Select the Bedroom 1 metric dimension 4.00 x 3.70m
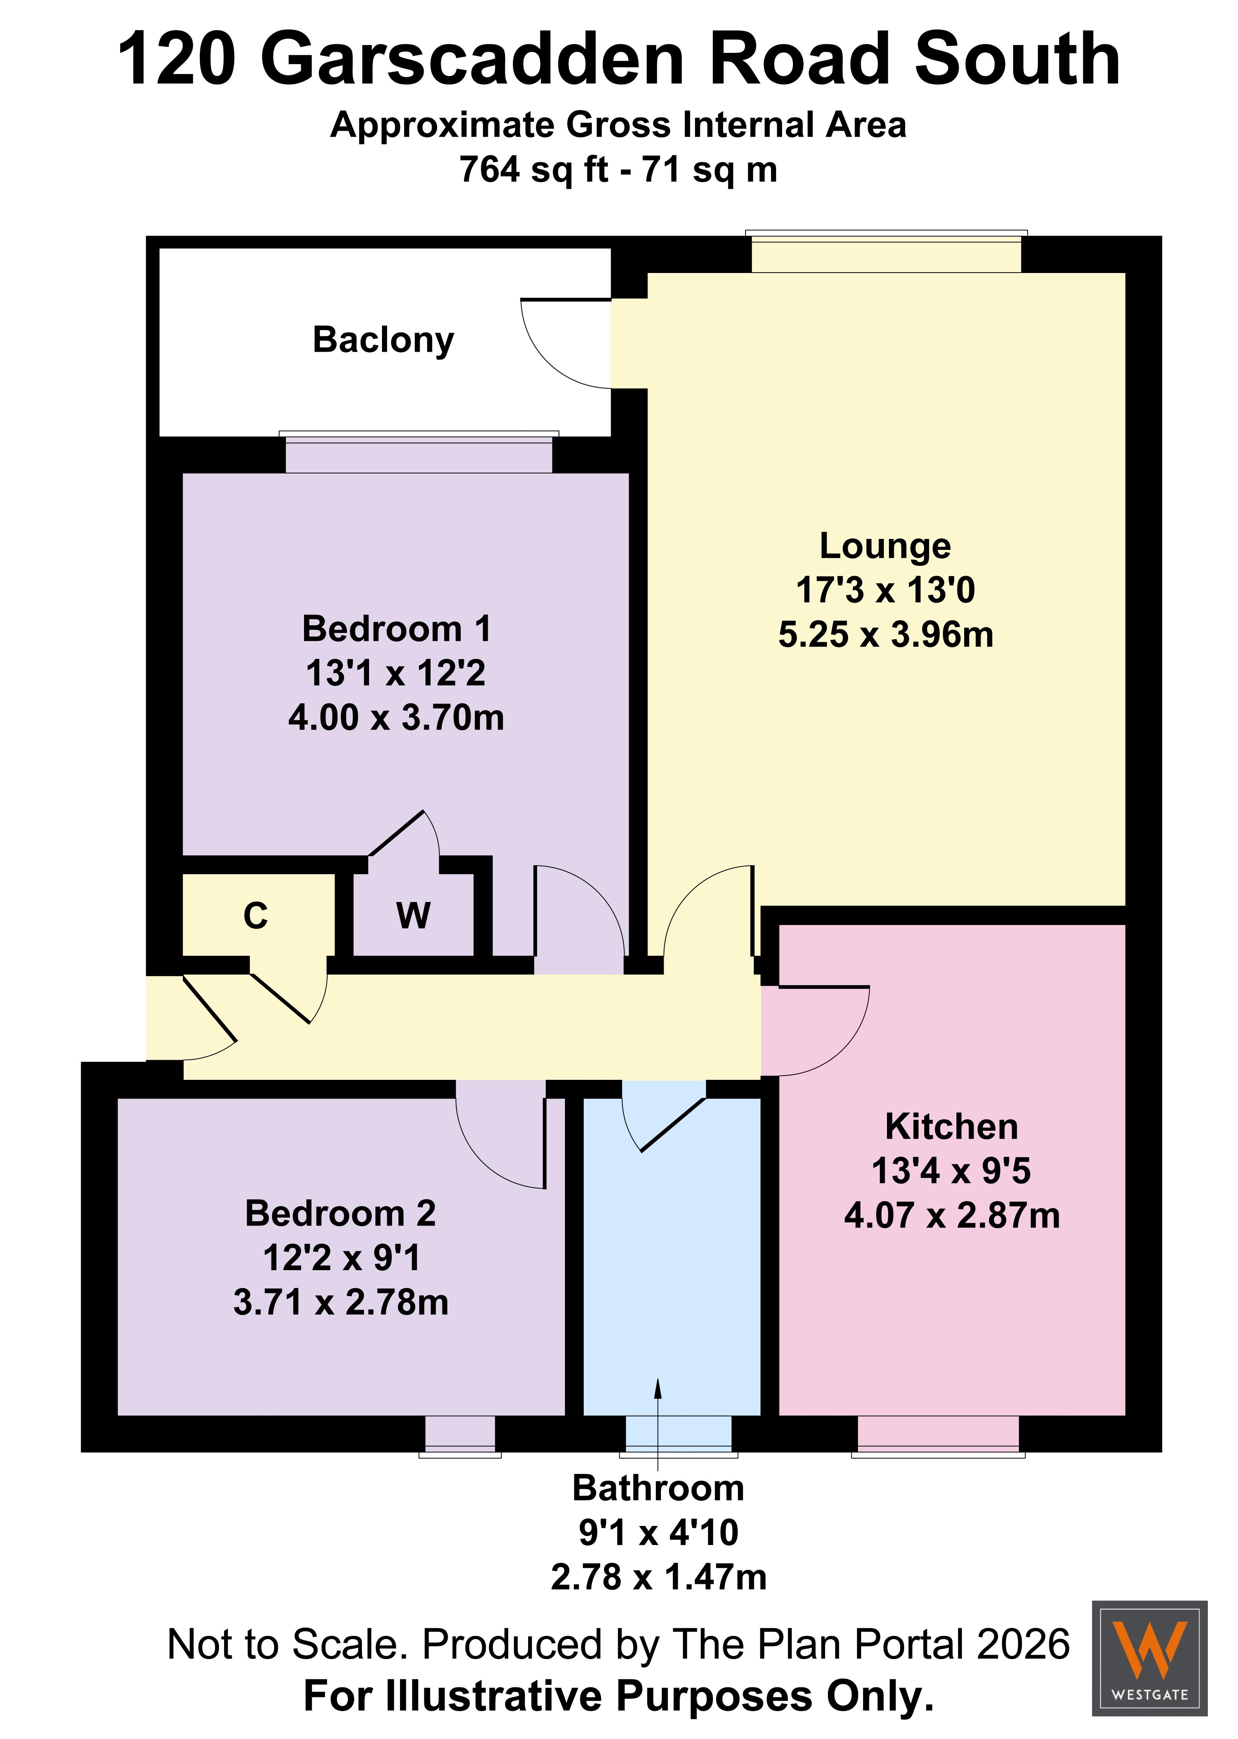click(396, 718)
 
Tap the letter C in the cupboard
click(255, 916)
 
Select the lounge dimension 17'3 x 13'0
click(885, 590)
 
